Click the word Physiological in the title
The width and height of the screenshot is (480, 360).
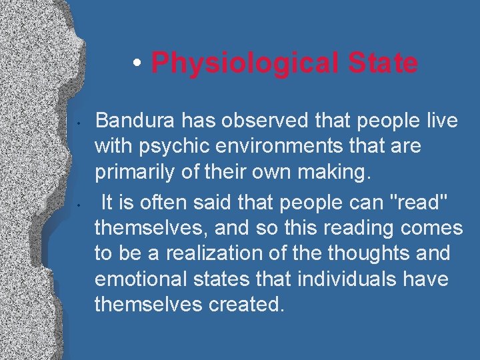(247, 64)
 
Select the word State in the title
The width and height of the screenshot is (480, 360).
(383, 64)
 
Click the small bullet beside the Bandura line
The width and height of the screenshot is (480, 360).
(79, 123)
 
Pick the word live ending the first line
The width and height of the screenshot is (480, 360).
(441, 121)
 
